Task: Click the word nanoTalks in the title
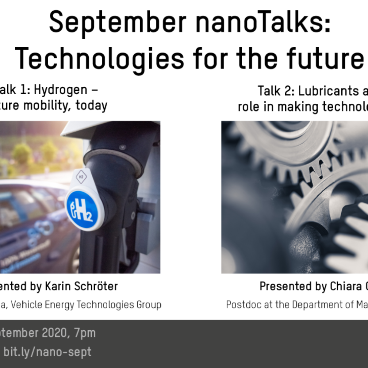[x=263, y=22]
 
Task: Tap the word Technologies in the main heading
[x=100, y=58]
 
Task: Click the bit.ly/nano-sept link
[x=47, y=352]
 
